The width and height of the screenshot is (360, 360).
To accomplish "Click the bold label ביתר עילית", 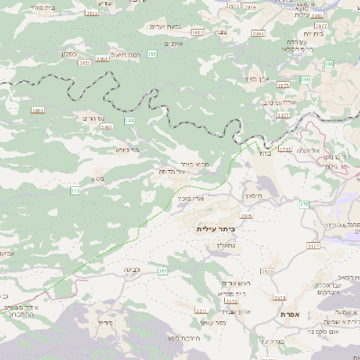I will [220, 229].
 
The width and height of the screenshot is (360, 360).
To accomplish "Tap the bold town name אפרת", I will [289, 313].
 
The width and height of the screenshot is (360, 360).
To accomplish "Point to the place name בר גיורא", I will [127, 149].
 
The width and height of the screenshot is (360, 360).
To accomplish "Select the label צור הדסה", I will [171, 171].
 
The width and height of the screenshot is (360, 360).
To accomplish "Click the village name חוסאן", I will [252, 194].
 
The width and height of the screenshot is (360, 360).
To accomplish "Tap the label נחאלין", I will [226, 244].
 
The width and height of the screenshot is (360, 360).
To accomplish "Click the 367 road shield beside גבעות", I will [163, 270].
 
